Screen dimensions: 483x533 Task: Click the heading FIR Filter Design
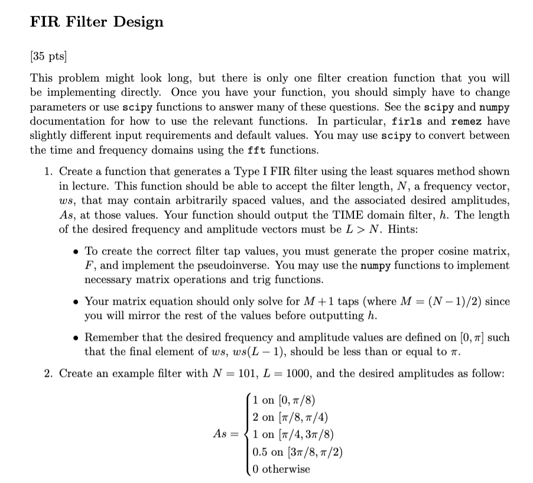97,22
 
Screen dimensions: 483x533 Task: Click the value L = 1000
259,373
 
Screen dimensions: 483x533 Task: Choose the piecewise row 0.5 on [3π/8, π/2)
297,452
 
